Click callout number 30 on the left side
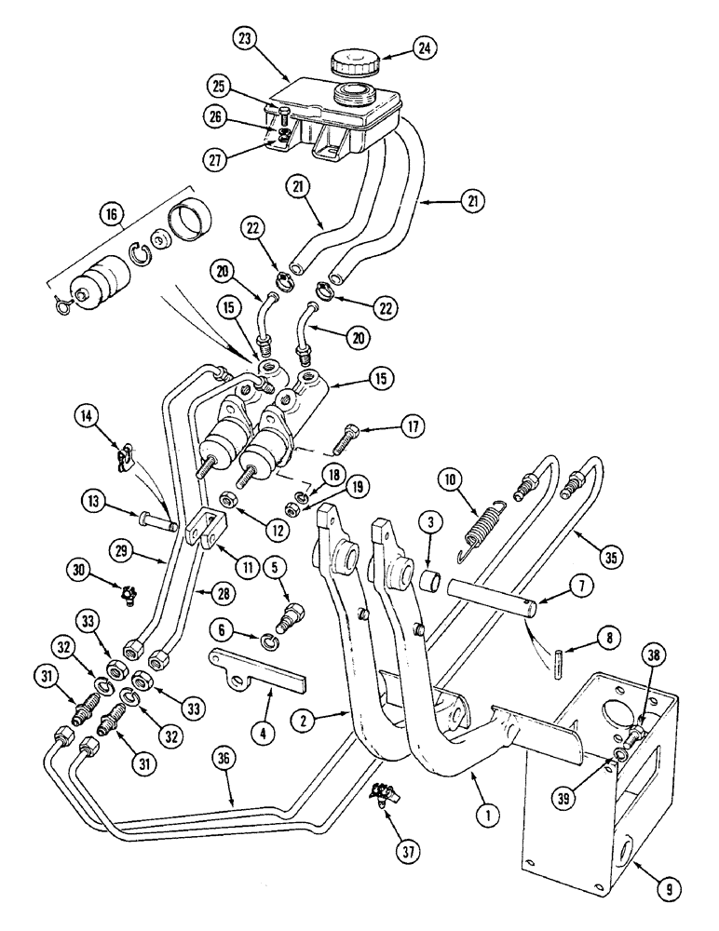(79, 567)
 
